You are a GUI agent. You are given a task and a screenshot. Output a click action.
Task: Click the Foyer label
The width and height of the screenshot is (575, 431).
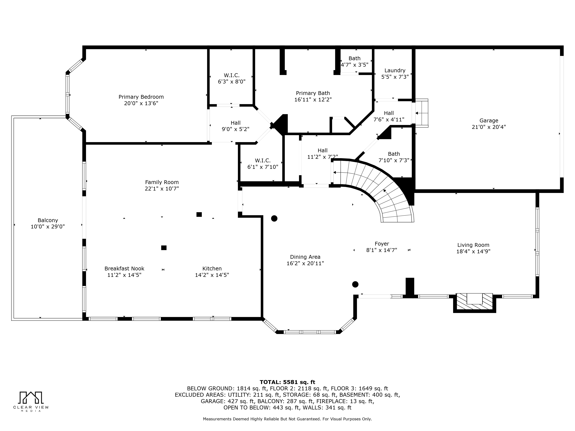click(x=382, y=244)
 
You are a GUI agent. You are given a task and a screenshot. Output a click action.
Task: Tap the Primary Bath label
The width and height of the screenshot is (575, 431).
click(x=313, y=93)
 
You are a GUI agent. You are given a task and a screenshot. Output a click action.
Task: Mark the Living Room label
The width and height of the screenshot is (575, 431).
click(x=473, y=245)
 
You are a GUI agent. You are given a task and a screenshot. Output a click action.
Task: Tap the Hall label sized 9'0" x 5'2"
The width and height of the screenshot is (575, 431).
click(x=235, y=123)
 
